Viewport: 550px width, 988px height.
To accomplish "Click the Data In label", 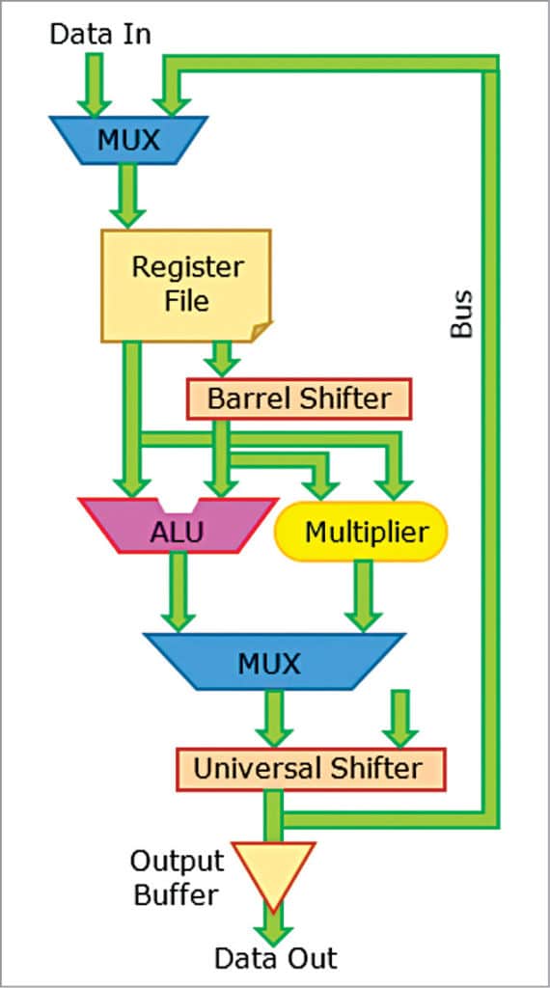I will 100,35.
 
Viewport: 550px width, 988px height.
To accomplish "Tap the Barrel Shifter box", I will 298,398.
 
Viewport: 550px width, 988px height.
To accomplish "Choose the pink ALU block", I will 177,530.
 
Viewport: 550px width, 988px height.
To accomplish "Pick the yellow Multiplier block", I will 362,530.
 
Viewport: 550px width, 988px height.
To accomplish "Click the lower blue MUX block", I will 269,663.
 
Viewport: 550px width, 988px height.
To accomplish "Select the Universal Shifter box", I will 308,768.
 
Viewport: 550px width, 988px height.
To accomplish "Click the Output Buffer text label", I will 177,877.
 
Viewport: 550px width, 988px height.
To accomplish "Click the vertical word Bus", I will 462,313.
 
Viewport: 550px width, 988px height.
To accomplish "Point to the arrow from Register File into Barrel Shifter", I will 223,360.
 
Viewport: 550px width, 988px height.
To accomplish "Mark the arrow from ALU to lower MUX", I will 178,594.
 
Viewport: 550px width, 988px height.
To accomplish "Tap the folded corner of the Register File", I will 260,332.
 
